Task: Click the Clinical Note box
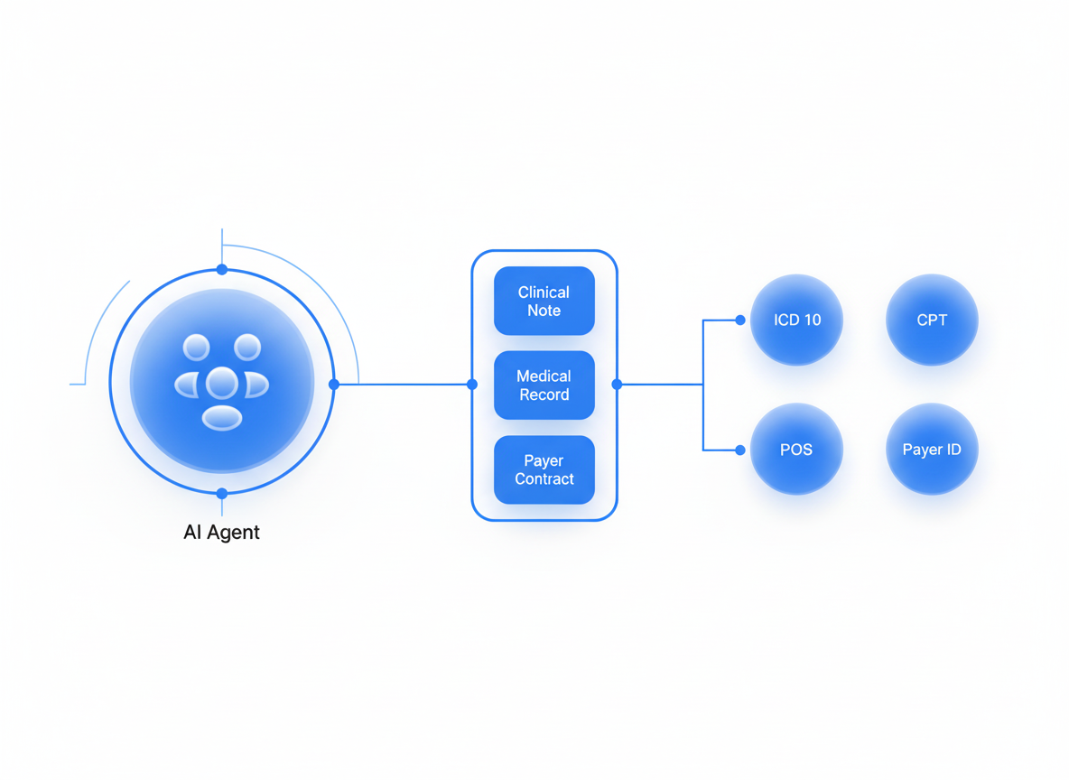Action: [544, 301]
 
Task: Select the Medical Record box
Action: [544, 385]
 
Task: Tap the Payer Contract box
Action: [544, 469]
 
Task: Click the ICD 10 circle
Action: [796, 320]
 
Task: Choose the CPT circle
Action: [932, 320]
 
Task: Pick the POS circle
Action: [796, 450]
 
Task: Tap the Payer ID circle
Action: [932, 450]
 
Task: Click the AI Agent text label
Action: [221, 532]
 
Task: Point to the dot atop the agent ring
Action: [222, 269]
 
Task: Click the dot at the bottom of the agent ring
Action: [222, 494]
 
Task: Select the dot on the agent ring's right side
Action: [334, 384]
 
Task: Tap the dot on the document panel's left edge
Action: [472, 384]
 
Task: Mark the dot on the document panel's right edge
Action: [617, 384]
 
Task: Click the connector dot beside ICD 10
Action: [740, 320]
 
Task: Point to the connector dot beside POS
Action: [740, 450]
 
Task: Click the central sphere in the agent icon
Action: [222, 384]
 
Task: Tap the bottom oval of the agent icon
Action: [222, 417]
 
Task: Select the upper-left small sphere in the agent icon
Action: [196, 347]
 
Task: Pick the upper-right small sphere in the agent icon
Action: [247, 347]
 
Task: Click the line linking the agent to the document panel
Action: [403, 384]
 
